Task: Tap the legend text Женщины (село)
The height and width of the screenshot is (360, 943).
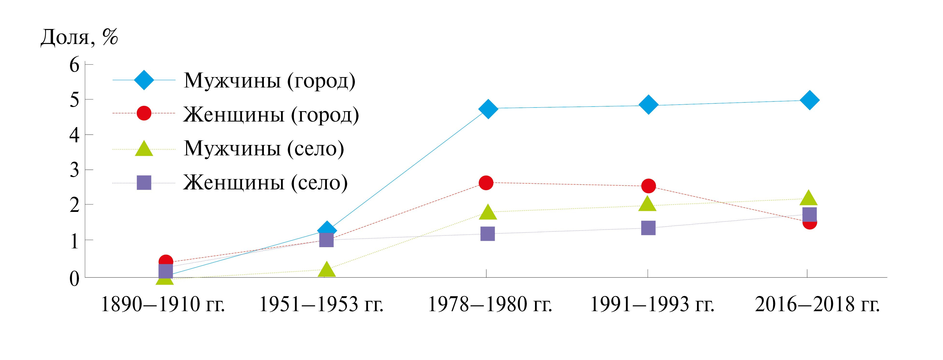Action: click(x=265, y=182)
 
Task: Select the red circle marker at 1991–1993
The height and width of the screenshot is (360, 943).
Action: click(x=648, y=186)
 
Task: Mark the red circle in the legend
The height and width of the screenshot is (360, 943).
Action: click(x=144, y=114)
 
